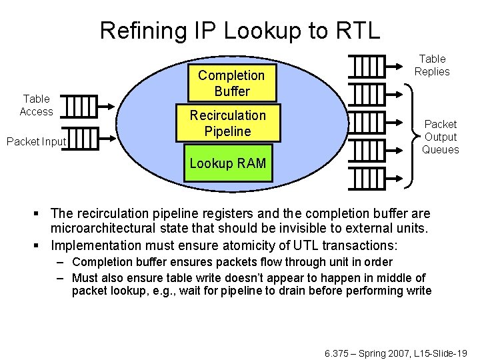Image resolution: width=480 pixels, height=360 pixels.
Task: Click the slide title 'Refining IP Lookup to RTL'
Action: tap(239, 29)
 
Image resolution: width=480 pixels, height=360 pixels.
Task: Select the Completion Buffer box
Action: tap(231, 83)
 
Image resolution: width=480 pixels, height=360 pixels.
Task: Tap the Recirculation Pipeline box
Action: tap(227, 123)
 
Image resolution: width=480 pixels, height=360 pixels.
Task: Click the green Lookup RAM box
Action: tap(227, 163)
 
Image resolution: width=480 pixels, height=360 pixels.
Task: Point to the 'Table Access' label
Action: tap(36, 105)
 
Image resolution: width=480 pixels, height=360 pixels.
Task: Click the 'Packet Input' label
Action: tap(36, 141)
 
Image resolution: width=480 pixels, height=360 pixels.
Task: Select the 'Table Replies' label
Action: tap(432, 65)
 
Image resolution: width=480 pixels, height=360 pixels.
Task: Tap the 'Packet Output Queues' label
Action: tap(441, 137)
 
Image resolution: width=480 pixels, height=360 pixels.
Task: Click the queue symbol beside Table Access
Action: tap(81, 105)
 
